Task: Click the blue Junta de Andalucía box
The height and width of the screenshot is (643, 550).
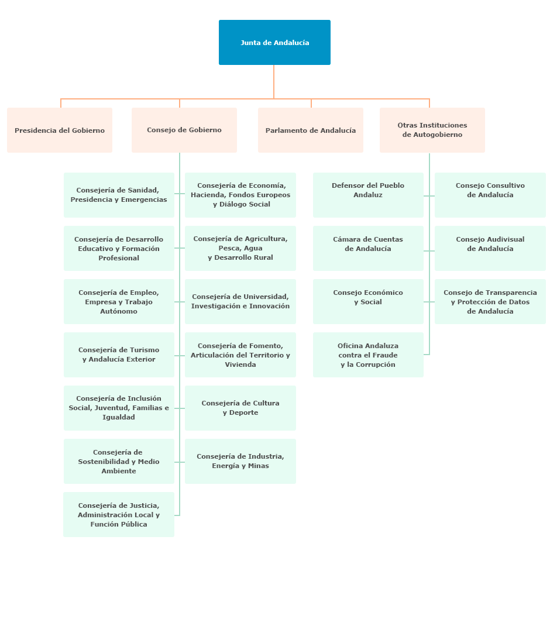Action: tap(274, 43)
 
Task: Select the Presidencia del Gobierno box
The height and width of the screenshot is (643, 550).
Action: tap(60, 130)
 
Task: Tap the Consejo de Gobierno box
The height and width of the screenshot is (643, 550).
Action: tap(184, 130)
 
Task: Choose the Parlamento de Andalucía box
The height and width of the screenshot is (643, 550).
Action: tap(311, 130)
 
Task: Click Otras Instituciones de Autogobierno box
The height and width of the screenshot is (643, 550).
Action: tap(432, 130)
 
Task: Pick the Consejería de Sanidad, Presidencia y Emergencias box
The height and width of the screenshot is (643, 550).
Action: tap(119, 195)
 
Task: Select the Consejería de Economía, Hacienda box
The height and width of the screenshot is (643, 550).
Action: tap(240, 195)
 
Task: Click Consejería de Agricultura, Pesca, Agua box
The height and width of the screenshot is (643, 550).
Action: tap(240, 248)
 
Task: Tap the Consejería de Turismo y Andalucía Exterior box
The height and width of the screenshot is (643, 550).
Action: tap(119, 355)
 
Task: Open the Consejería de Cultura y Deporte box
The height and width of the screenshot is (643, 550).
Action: tap(240, 408)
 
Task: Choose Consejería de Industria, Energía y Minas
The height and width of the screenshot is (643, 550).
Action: tap(240, 461)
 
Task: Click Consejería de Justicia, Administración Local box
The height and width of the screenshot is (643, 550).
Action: tap(119, 515)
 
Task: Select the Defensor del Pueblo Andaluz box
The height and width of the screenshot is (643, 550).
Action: tap(368, 195)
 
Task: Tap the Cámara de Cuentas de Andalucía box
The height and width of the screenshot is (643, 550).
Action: tap(368, 248)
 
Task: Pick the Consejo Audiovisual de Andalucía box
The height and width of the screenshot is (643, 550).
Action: tap(490, 248)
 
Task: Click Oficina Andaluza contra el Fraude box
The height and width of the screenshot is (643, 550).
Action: tap(368, 355)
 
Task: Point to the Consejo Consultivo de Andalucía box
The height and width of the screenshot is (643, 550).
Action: tap(490, 195)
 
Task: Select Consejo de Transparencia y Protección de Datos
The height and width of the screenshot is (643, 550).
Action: tap(490, 301)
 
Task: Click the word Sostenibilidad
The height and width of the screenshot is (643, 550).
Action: tap(104, 462)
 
